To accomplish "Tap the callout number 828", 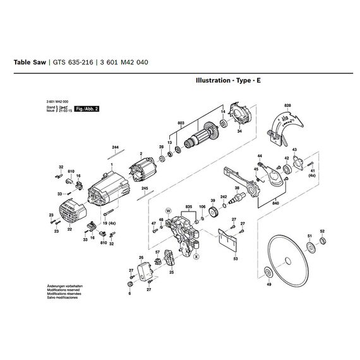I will coord(287,105).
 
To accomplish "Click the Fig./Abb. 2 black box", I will coord(87,109).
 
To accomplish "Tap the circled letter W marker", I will coord(167,208).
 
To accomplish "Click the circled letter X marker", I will coord(196,257).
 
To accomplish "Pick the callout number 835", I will coord(188,207).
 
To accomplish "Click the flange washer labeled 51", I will coord(309,247).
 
